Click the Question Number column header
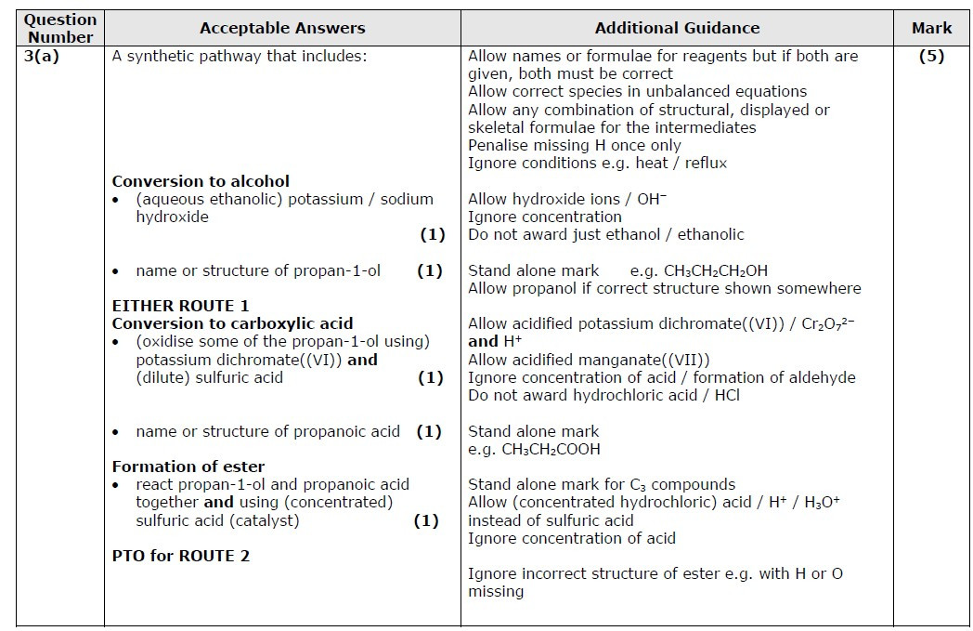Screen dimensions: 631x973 click(x=59, y=28)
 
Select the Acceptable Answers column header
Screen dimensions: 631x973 click(x=282, y=28)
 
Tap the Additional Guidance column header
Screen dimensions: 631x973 click(x=677, y=28)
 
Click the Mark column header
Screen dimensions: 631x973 click(x=931, y=28)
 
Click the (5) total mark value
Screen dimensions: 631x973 click(x=931, y=56)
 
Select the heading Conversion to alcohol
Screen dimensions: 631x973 click(x=201, y=181)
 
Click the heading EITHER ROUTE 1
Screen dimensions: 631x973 click(x=180, y=306)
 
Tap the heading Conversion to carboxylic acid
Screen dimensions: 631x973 click(x=232, y=323)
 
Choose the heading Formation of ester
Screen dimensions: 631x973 click(x=188, y=467)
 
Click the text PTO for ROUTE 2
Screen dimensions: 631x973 click(x=180, y=556)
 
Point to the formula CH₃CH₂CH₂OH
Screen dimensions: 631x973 click(x=715, y=271)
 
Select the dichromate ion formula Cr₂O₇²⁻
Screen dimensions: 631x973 click(x=850, y=324)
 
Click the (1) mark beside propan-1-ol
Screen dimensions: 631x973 click(x=429, y=271)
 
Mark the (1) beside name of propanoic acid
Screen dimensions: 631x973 click(x=429, y=431)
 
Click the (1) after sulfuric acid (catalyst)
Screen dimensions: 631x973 click(x=426, y=520)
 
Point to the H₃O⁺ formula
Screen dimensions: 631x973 click(x=822, y=503)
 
